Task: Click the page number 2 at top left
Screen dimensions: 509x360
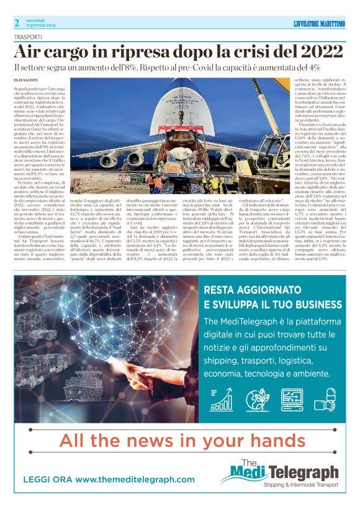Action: point(17,23)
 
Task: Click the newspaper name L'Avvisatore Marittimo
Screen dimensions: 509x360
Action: point(319,24)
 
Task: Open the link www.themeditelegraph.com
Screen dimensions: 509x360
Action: point(125,480)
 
